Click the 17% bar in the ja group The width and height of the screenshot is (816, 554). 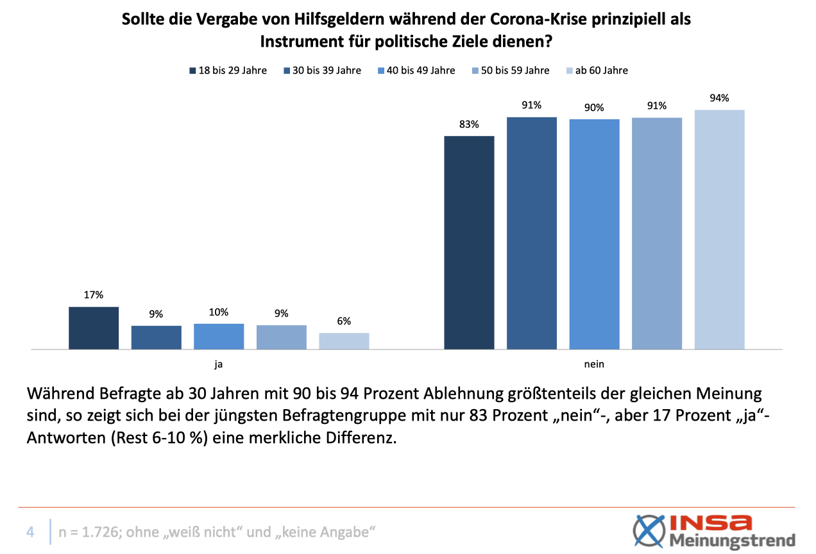point(94,328)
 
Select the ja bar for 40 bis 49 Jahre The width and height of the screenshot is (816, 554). point(219,336)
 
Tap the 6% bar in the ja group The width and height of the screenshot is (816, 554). point(344,341)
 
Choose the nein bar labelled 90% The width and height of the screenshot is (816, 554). point(594,234)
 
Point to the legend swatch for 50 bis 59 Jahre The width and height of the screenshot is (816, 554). point(475,71)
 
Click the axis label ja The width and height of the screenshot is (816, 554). point(219,364)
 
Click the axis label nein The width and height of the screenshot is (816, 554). point(594,364)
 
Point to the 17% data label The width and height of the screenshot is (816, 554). point(94,295)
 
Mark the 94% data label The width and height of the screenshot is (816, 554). point(719,98)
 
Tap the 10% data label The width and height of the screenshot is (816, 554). point(219,312)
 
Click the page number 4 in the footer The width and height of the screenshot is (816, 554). point(30,532)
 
